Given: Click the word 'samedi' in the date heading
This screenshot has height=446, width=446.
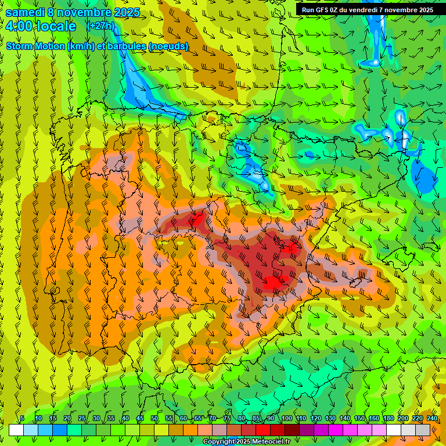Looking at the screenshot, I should coord(24,12).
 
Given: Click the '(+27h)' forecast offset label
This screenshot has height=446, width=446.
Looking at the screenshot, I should coord(100,26).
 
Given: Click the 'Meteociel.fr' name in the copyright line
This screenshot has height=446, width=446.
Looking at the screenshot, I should coord(267,442).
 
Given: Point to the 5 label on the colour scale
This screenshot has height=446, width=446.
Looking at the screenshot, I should coord(22,419).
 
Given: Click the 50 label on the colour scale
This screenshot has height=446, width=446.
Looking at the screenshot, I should coord(154,419).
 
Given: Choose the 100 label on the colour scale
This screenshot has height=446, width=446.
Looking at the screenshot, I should coord(286,419).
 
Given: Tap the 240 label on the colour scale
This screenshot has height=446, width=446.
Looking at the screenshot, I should coord(431,419).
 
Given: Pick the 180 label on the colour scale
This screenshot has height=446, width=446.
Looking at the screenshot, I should coord(388,419).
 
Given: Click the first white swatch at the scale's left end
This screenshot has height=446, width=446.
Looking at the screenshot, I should coord(16,430).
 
